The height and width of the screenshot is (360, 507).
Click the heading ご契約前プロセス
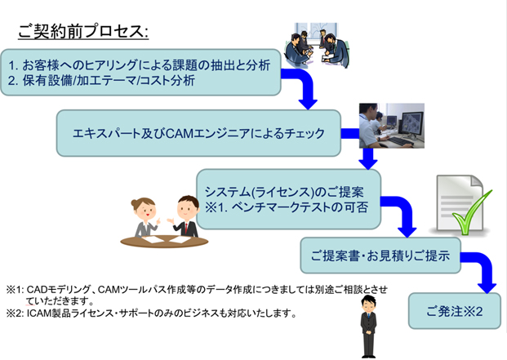click(83, 31)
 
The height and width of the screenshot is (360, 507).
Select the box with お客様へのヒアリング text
click(140, 73)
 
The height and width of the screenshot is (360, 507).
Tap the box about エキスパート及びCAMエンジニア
click(198, 133)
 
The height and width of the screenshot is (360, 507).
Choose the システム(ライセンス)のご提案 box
click(289, 199)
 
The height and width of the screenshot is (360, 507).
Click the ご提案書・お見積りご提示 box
click(380, 256)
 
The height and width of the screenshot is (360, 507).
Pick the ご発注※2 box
click(455, 311)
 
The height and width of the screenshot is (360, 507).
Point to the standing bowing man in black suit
click(368, 327)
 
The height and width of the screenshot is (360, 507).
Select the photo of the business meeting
click(317, 45)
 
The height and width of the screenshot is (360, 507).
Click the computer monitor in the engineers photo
click(411, 123)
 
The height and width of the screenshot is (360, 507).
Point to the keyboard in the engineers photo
click(398, 141)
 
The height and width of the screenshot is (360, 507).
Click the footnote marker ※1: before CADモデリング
click(16, 290)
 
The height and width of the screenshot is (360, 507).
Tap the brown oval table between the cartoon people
click(164, 242)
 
